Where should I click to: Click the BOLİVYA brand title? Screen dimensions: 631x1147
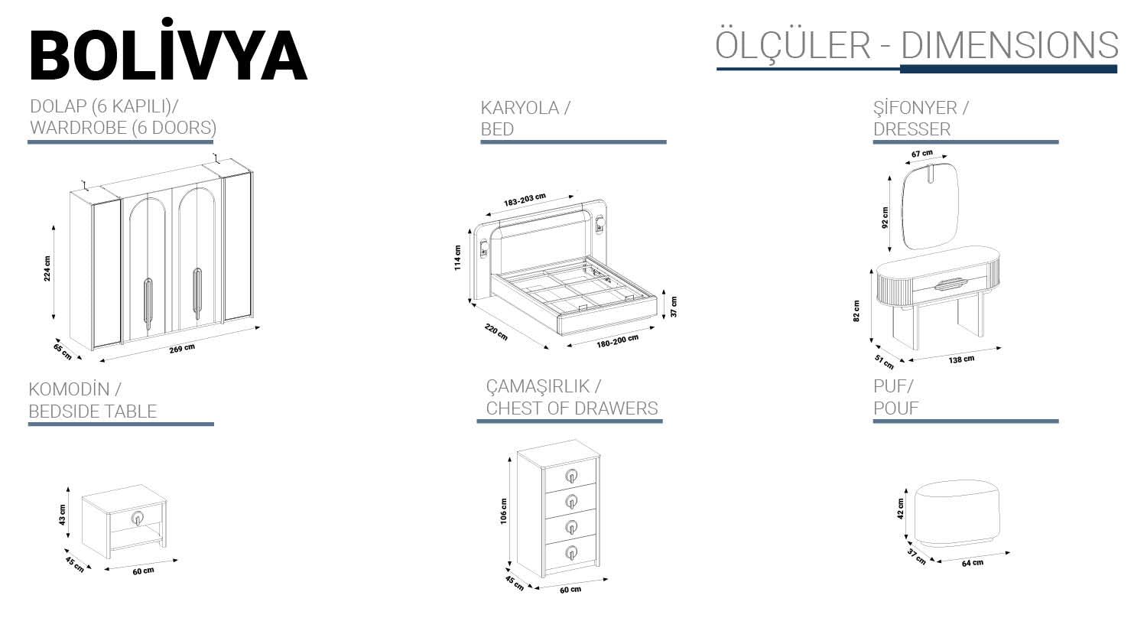pyautogui.click(x=167, y=56)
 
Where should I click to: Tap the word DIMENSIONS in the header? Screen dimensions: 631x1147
pyautogui.click(x=1009, y=45)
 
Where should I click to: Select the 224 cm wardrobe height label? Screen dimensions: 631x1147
pyautogui.click(x=47, y=268)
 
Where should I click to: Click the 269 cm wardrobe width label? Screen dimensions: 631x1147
pyautogui.click(x=182, y=349)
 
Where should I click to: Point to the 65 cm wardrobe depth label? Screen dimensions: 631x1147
pyautogui.click(x=62, y=351)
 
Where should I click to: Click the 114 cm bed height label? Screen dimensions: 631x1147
pyautogui.click(x=457, y=258)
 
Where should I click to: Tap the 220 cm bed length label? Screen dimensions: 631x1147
pyautogui.click(x=496, y=333)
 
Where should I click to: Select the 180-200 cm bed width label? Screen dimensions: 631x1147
pyautogui.click(x=617, y=341)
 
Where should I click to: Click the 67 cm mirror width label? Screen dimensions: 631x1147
pyautogui.click(x=921, y=154)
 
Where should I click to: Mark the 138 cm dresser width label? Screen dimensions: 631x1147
pyautogui.click(x=961, y=359)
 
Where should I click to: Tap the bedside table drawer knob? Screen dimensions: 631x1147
pyautogui.click(x=138, y=518)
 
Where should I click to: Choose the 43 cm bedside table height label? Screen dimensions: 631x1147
pyautogui.click(x=63, y=515)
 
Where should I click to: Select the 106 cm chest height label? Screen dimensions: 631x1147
pyautogui.click(x=503, y=511)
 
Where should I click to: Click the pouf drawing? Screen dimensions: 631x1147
pyautogui.click(x=956, y=512)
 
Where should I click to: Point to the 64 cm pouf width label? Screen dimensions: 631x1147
pyautogui.click(x=973, y=563)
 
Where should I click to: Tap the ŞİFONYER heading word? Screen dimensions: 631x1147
pyautogui.click(x=915, y=109)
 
